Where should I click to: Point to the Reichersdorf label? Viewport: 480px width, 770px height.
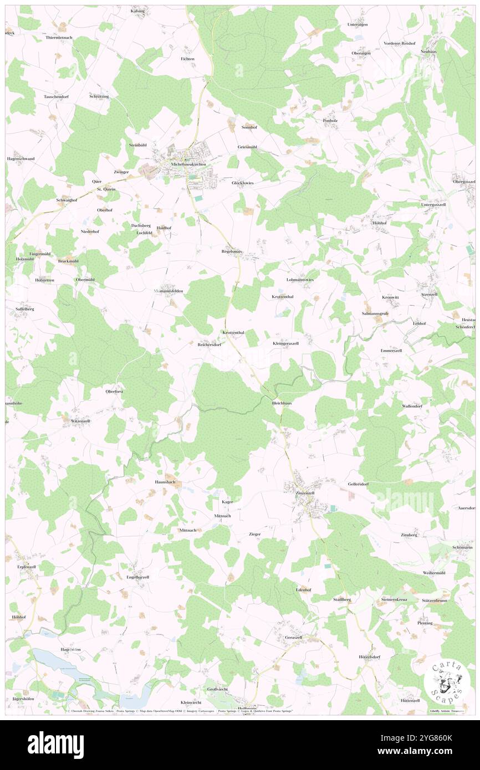(x=210, y=344)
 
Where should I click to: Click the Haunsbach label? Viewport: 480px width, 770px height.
(x=165, y=482)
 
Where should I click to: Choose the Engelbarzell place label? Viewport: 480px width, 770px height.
(x=138, y=577)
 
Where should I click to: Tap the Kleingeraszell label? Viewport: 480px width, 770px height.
(x=285, y=343)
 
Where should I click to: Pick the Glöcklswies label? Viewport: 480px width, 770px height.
(x=243, y=182)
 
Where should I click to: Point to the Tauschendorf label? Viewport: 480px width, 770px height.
(x=56, y=96)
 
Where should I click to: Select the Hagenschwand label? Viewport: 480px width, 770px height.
(x=21, y=158)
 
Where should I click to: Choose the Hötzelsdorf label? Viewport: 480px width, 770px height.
(x=369, y=656)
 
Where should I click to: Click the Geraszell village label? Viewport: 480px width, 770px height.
(x=293, y=637)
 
